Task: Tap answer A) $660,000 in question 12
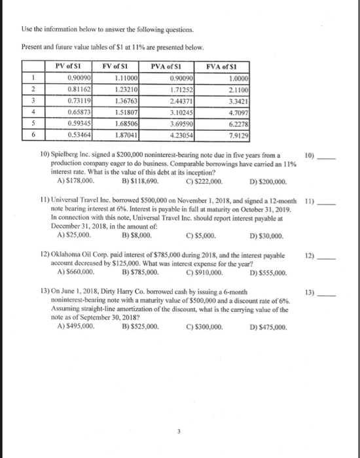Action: tap(77, 272)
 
